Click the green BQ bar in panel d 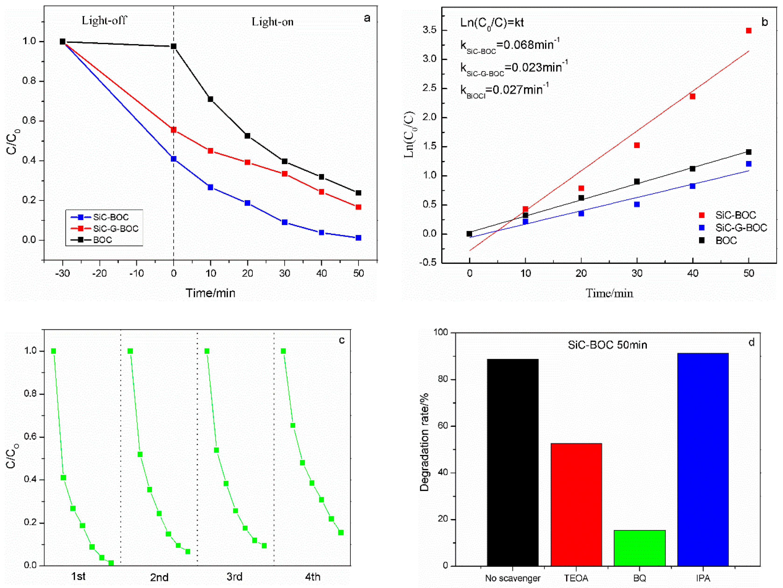[639, 548]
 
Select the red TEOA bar [576, 504]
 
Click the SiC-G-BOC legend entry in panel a [115, 228]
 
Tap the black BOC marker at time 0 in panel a [173, 46]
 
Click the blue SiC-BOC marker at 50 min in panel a [358, 238]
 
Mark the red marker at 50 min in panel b [748, 31]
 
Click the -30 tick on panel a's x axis [63, 273]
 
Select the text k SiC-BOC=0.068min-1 [509, 45]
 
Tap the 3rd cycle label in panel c [234, 576]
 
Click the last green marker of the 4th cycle [340, 532]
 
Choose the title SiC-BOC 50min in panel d [607, 345]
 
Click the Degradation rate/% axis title [424, 442]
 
